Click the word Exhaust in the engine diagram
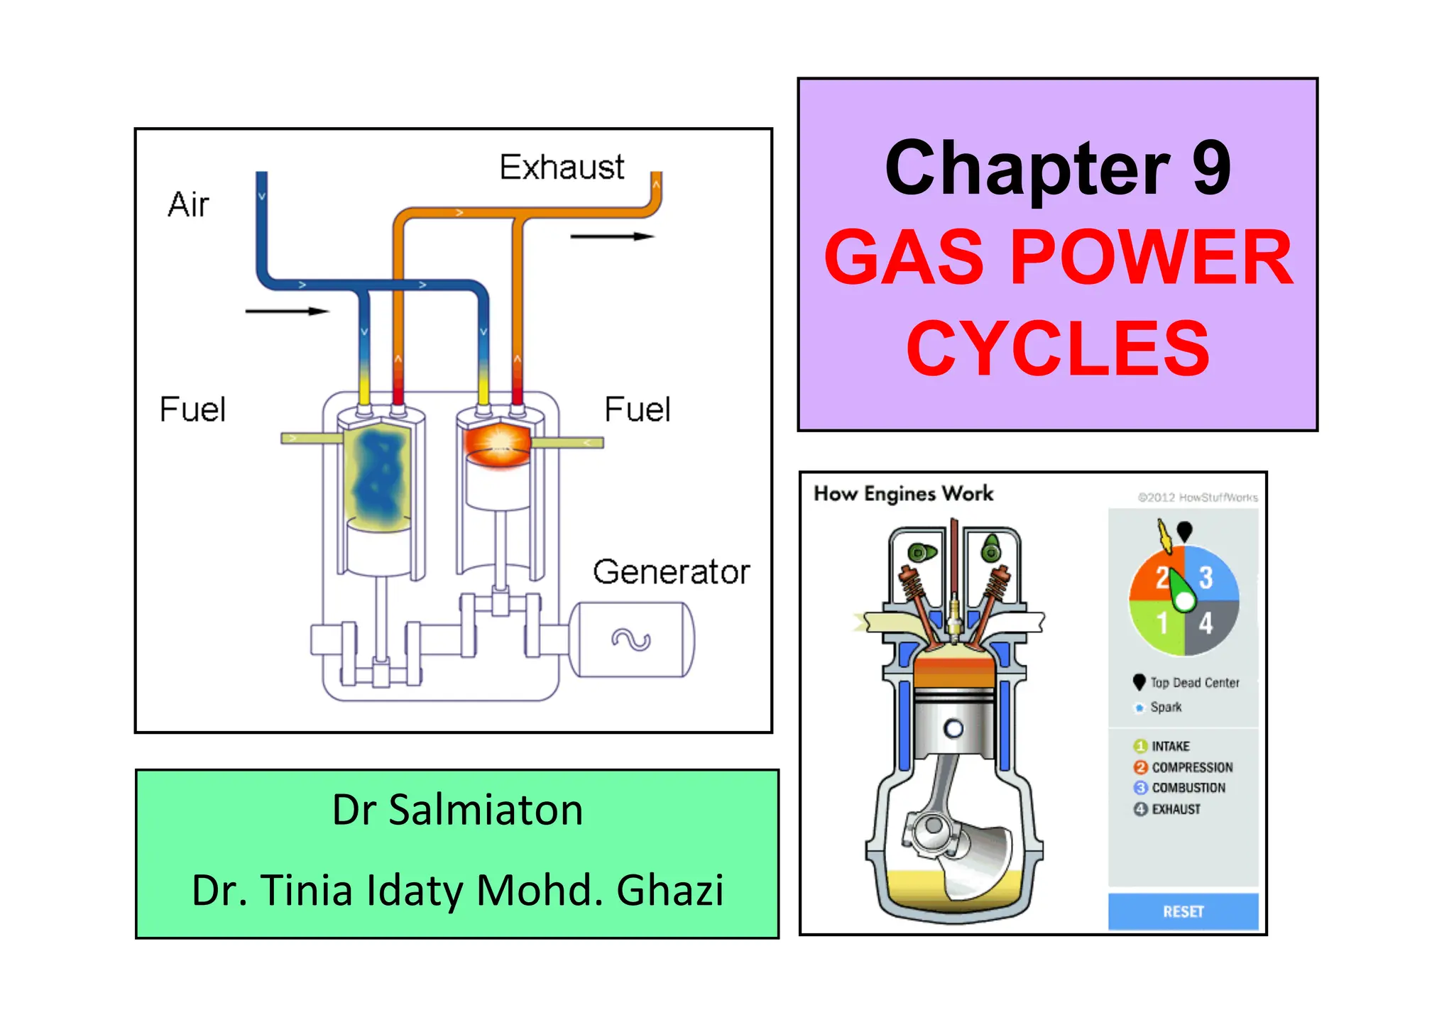562,167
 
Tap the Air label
188,205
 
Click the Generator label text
671,572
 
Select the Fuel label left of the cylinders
192,410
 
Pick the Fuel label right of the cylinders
637,410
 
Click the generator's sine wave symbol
631,640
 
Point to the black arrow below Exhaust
611,236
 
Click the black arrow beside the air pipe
287,311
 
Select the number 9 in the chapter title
1211,168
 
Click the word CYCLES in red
1058,348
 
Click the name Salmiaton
486,810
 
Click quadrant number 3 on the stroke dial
1206,578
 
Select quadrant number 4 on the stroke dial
1206,624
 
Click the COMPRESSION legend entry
1191,767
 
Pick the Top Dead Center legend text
1194,683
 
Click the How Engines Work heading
903,493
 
